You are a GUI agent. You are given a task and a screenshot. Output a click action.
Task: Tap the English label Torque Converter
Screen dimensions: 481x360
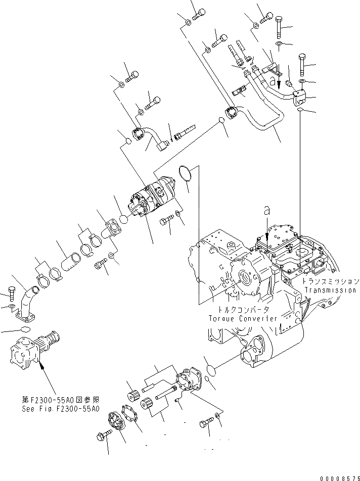pos(243,318)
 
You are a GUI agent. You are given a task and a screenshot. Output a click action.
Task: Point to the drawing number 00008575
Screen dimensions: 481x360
pos(339,476)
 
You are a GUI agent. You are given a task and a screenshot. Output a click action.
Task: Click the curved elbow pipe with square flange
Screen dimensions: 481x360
pos(27,303)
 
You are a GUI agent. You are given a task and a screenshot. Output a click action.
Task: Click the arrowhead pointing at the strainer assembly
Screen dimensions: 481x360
pos(40,363)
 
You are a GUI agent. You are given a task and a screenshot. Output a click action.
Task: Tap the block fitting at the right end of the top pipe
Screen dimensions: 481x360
pos(299,95)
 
